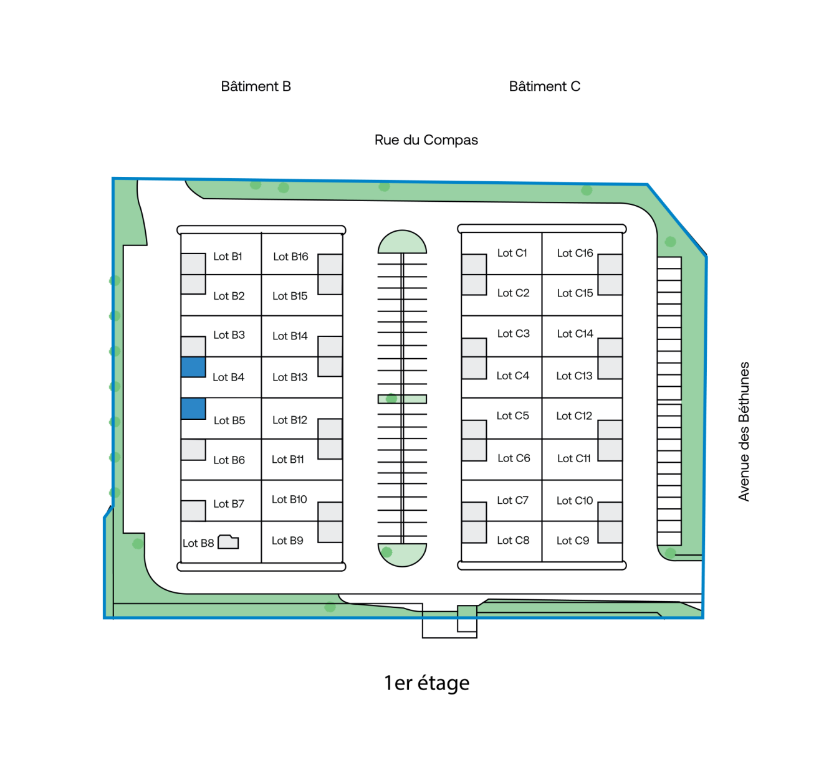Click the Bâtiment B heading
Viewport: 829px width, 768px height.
[x=256, y=87]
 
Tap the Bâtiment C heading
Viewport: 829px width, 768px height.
[x=544, y=87]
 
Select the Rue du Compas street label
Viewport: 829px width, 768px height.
[x=426, y=140]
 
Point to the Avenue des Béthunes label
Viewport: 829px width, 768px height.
[x=744, y=431]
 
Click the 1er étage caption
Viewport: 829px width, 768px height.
[x=426, y=683]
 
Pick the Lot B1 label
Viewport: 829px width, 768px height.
[x=228, y=257]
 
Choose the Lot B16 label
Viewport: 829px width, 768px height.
[x=290, y=257]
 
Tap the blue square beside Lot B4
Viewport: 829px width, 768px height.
[x=193, y=367]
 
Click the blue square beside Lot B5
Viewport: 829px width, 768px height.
[x=193, y=409]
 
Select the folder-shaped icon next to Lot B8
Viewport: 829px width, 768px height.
[x=228, y=542]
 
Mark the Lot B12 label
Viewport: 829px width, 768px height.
[x=290, y=420]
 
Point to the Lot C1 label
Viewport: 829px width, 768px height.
[x=512, y=253]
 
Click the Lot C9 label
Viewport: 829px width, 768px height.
[x=572, y=541]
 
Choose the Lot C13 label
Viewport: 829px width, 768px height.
[x=574, y=376]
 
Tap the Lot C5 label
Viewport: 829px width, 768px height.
[x=512, y=416]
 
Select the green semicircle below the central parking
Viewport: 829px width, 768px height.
[x=402, y=554]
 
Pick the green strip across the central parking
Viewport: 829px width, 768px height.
[x=402, y=399]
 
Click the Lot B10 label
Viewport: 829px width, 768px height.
[x=289, y=500]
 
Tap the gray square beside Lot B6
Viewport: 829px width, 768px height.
[x=193, y=450]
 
